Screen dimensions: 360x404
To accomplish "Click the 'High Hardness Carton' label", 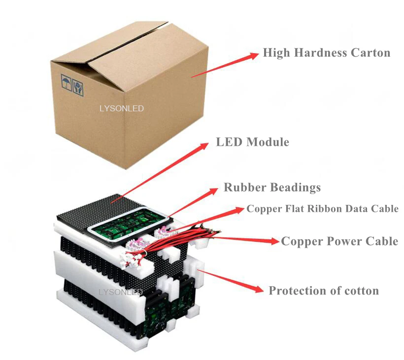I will pyautogui.click(x=326, y=53).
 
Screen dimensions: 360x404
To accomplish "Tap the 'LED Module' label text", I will pyautogui.click(x=252, y=142).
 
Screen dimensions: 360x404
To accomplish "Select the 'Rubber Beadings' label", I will pyautogui.click(x=272, y=188).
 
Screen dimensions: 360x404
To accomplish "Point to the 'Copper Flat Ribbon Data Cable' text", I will pyautogui.click(x=322, y=209).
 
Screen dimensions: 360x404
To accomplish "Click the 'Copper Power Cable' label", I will pyautogui.click(x=339, y=241).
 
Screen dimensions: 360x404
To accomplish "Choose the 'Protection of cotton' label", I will pyautogui.click(x=323, y=291).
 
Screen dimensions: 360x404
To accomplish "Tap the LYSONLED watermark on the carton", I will pyautogui.click(x=122, y=108).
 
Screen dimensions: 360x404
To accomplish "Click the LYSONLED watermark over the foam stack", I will pyautogui.click(x=121, y=292).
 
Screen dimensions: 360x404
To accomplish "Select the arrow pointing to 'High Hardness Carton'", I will pyautogui.click(x=225, y=65).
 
